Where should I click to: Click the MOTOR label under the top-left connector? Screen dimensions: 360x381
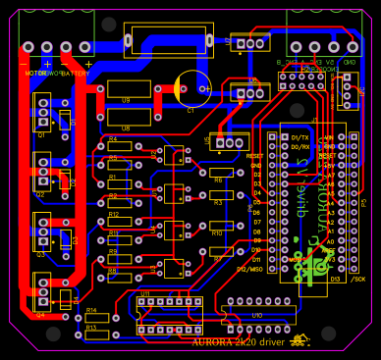pyautogui.click(x=34, y=73)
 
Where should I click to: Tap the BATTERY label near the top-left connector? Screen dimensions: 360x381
pyautogui.click(x=75, y=73)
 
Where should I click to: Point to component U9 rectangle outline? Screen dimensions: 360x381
pyautogui.click(x=129, y=89)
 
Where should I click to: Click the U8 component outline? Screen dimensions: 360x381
pyautogui.click(x=129, y=117)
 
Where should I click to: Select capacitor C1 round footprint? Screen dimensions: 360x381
pyautogui.click(x=192, y=88)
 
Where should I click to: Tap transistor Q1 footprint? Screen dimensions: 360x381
pyautogui.click(x=42, y=112)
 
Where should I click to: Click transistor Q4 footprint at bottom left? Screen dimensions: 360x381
pyautogui.click(x=42, y=293)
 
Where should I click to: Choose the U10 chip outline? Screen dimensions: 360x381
pyautogui.click(x=260, y=315)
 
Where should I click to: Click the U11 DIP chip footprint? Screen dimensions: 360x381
pyautogui.click(x=169, y=315)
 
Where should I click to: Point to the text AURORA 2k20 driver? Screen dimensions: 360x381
pyautogui.click(x=238, y=342)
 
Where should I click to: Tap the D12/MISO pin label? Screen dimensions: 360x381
pyautogui.click(x=249, y=269)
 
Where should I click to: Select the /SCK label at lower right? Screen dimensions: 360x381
pyautogui.click(x=357, y=279)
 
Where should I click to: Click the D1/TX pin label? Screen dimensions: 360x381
pyautogui.click(x=299, y=138)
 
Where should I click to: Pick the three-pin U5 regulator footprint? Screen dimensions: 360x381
pyautogui.click(x=230, y=142)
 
